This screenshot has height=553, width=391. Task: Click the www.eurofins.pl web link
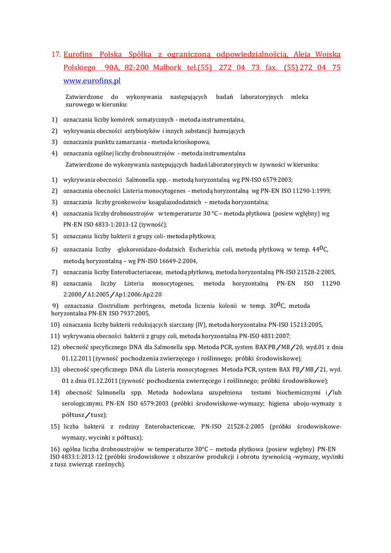coord(92,81)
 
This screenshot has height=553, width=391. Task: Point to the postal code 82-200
coord(137,68)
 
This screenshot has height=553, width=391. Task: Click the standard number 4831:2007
coord(271,336)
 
